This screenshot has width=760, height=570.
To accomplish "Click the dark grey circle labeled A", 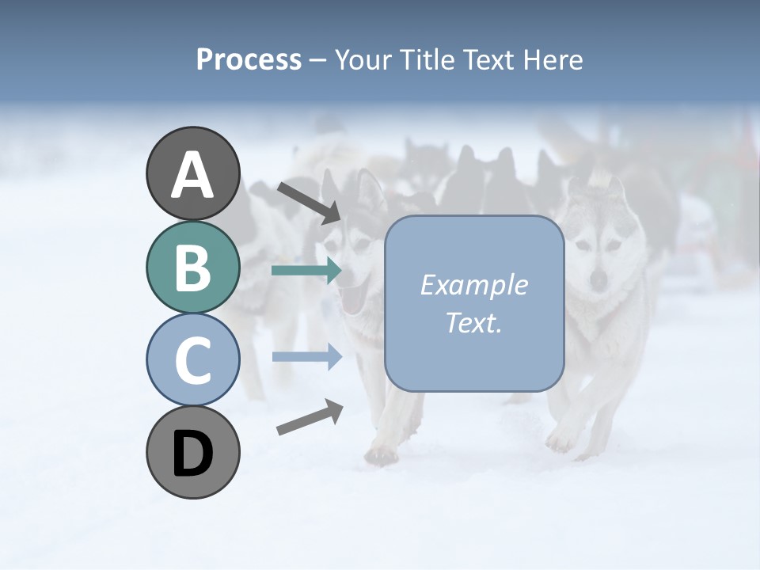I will tap(192, 173).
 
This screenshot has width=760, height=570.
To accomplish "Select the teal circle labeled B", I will tap(192, 267).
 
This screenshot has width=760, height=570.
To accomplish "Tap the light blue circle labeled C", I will tap(192, 359).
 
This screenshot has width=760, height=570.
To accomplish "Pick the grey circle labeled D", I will tap(192, 452).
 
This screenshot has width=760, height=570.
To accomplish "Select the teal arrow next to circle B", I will tap(306, 271).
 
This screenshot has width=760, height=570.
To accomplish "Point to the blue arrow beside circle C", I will tap(306, 356).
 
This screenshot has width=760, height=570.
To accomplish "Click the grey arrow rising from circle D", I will tap(310, 417).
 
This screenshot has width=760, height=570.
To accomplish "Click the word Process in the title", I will tap(249, 59).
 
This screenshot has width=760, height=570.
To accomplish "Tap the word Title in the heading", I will tap(427, 59).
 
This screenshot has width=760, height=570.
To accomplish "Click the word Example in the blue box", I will tap(473, 285).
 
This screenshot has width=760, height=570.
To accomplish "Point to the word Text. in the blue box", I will tap(473, 322).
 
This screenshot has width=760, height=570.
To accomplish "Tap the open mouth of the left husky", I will tap(353, 299).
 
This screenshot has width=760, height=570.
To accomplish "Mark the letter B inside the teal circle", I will tap(192, 267).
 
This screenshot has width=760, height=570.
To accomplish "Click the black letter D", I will tap(192, 453).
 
